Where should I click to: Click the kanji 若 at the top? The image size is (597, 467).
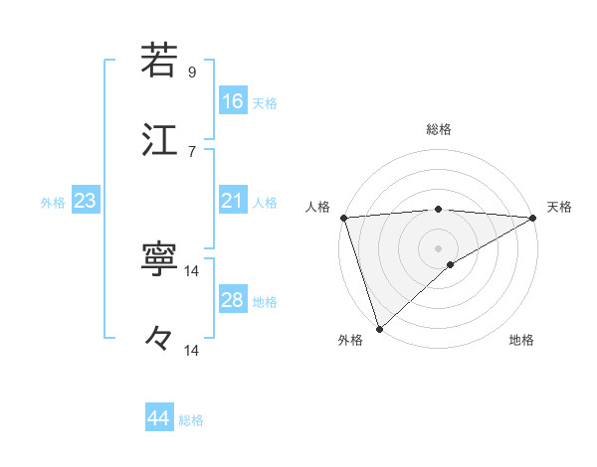click(x=160, y=61)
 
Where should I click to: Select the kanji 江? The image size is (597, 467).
click(x=160, y=138)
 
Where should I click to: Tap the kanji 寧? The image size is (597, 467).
click(x=160, y=259)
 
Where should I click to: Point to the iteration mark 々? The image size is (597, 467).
click(x=160, y=339)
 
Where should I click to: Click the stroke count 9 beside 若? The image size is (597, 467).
click(x=191, y=73)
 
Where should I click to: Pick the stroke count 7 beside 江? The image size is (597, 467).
click(x=191, y=151)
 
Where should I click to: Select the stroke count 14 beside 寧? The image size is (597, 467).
click(x=192, y=271)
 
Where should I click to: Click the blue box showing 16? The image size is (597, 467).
click(x=232, y=101)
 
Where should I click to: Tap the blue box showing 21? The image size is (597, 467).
click(x=232, y=201)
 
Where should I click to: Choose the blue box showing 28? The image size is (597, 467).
click(x=232, y=300)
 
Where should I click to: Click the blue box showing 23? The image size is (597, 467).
click(x=85, y=201)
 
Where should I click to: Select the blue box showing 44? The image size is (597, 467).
click(x=158, y=418)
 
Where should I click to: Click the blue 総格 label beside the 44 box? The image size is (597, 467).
click(x=191, y=420)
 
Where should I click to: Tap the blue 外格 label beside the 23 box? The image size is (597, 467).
click(x=53, y=203)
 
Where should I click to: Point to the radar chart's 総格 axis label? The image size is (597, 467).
click(x=439, y=129)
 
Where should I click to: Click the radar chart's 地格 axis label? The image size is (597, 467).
click(x=521, y=341)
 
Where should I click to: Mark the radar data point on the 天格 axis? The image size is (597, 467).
click(x=533, y=217)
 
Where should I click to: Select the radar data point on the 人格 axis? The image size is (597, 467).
click(x=343, y=217)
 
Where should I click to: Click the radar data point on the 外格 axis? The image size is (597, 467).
click(x=379, y=328)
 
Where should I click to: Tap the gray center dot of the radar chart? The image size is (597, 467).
click(x=439, y=247)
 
